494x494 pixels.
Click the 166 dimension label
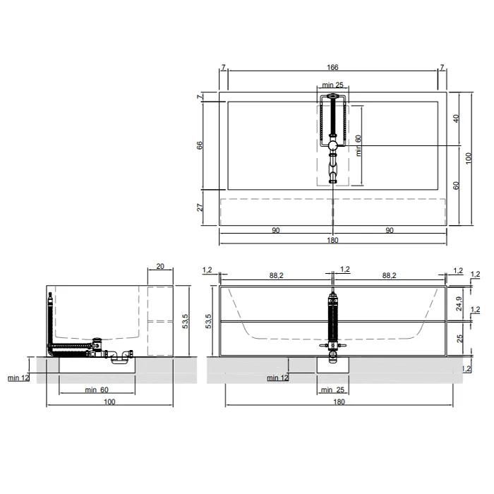pos(332,68)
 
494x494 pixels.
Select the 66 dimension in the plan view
pos(200,145)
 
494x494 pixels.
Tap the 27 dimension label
pos(200,207)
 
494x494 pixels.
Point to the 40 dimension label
pos(456,119)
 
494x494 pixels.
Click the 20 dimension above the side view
pos(160,266)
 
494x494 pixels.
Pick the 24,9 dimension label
pos(459,303)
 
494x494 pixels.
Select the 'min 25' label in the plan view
pos(332,85)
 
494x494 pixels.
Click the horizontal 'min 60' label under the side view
pos(97,390)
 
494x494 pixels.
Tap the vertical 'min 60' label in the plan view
pos(359,145)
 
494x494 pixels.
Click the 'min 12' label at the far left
pos(18,378)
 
